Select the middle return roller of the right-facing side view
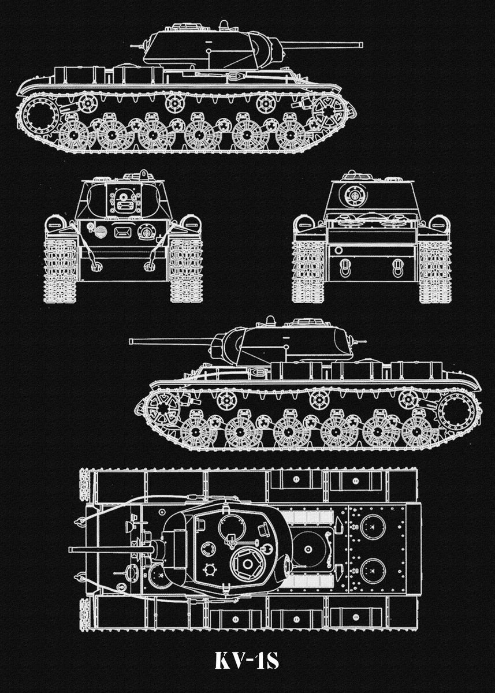pos(174,103)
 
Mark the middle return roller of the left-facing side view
pos(318,399)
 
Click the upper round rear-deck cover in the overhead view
pos(373,527)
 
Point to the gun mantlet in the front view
pos(123,200)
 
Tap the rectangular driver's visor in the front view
pos(122,233)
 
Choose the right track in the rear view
pos(434,271)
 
